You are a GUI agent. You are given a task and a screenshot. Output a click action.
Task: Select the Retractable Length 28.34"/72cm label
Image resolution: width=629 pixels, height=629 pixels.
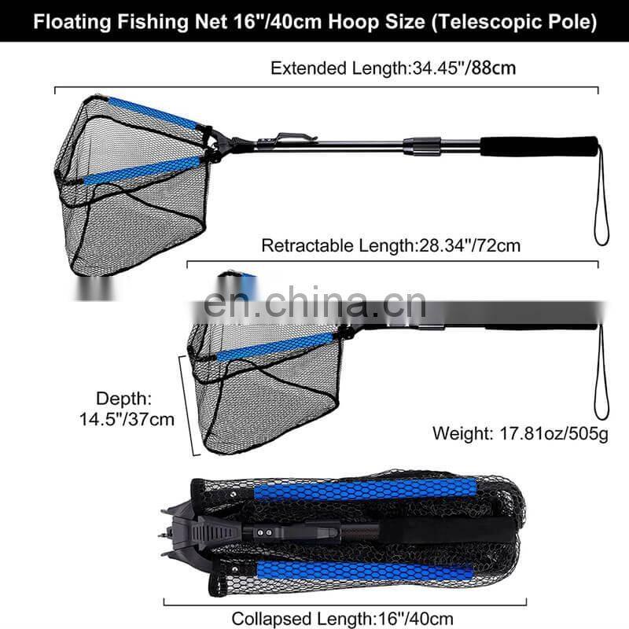click(x=391, y=245)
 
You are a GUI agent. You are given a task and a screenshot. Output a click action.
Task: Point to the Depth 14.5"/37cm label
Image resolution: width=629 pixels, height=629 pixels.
click(x=134, y=409)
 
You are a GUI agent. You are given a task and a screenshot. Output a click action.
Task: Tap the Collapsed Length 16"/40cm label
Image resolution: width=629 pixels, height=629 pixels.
click(x=343, y=619)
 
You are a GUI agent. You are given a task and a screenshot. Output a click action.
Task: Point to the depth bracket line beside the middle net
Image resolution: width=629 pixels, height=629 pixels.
click(x=189, y=405)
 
